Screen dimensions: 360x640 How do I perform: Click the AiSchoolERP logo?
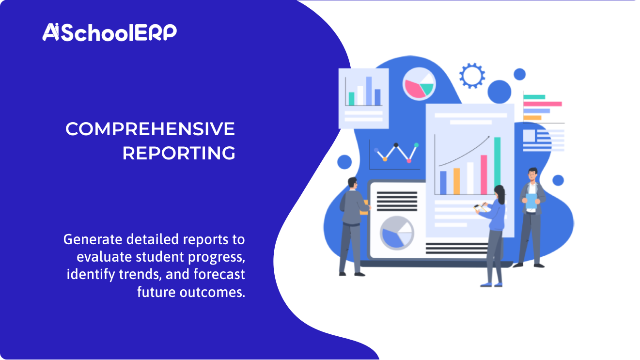point(109,32)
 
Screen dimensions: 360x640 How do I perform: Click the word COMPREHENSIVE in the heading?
point(150,129)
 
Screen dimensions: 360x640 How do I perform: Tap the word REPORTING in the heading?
point(179,153)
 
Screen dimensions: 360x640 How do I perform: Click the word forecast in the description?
point(219,275)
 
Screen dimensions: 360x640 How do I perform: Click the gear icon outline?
point(472,76)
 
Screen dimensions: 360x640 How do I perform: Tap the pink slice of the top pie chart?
point(413,89)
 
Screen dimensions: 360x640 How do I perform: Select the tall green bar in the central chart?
point(497,165)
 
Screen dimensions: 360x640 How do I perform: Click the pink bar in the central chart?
point(484,174)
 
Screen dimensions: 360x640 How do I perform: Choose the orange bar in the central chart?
point(456,181)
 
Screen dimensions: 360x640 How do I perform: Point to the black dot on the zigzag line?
point(396,145)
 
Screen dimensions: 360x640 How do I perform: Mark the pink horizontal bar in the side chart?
point(543,104)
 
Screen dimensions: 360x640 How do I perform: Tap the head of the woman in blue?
point(499,193)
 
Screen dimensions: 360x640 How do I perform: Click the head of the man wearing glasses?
point(352,184)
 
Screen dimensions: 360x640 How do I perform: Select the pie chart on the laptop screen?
point(397,232)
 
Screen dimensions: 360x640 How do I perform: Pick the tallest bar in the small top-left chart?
point(369,91)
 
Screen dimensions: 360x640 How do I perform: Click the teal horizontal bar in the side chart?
point(534,97)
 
